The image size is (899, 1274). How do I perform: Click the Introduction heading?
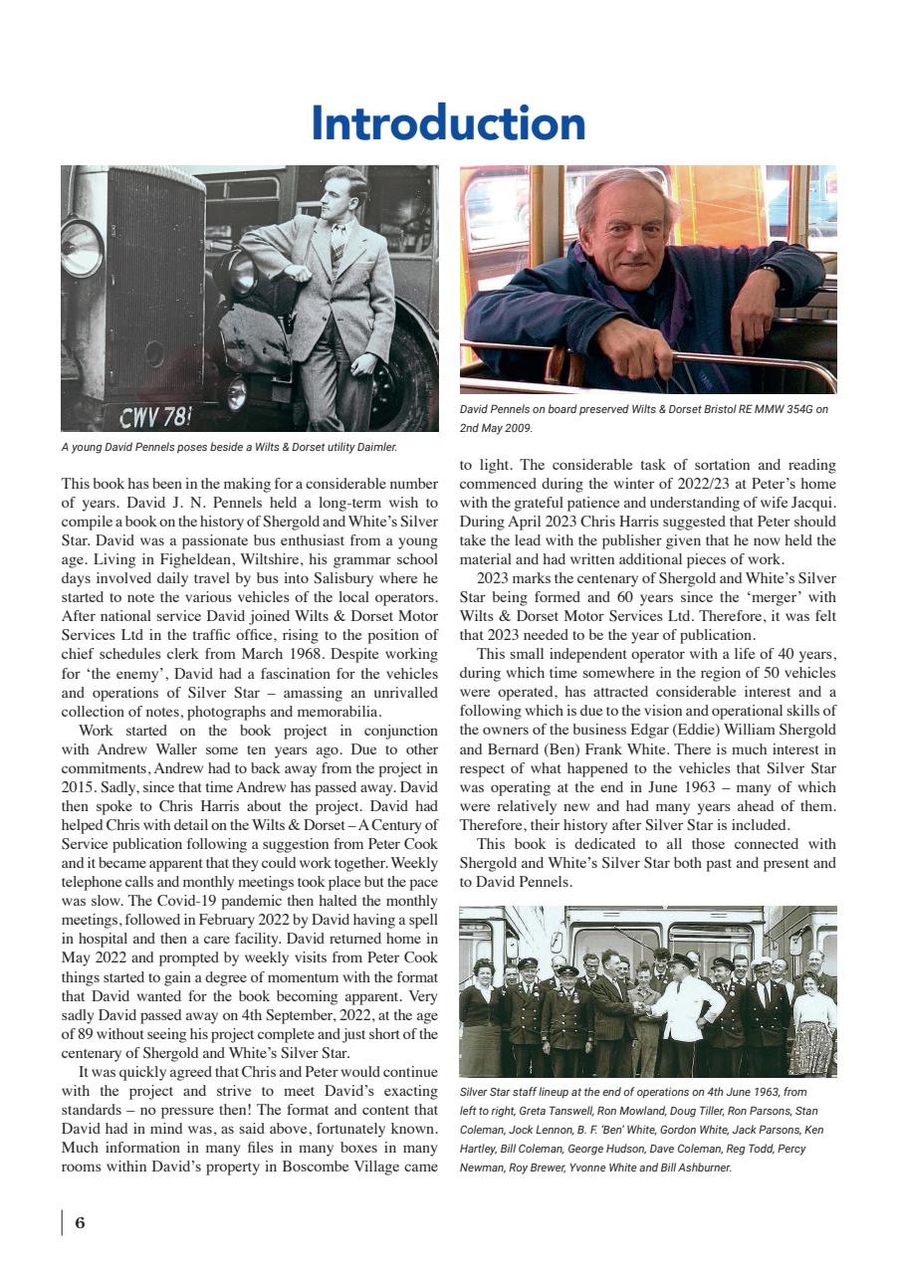click(448, 123)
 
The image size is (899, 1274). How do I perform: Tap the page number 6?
click(80, 1223)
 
